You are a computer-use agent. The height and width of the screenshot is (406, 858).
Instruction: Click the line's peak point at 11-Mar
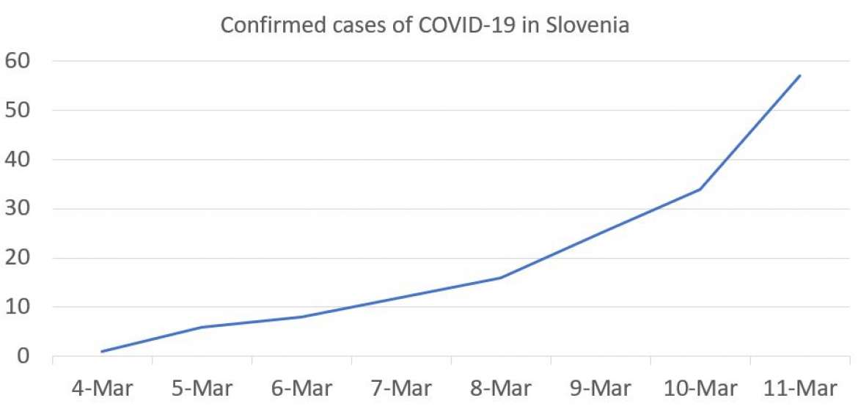pos(799,75)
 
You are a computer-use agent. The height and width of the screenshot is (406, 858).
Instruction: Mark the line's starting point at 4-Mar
pos(101,352)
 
